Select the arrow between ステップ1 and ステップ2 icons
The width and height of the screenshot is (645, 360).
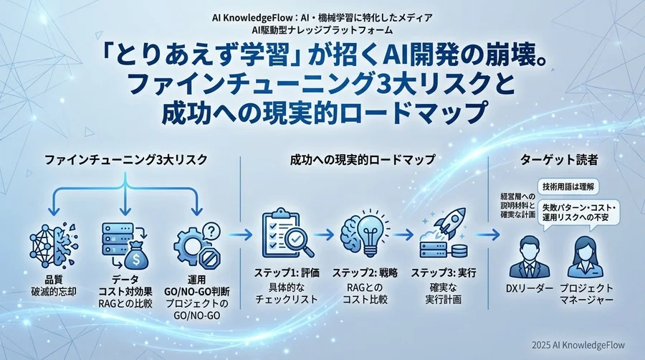coord(324,234)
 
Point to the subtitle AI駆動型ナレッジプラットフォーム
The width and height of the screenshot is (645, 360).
coord(322,29)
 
